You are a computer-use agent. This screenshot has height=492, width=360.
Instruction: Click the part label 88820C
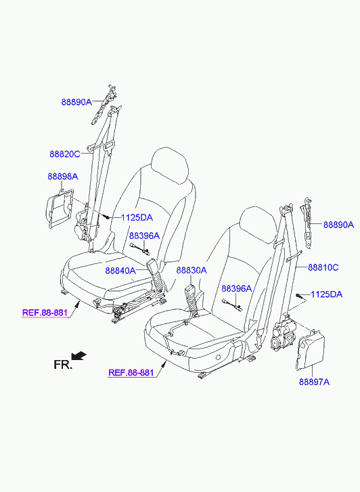65,154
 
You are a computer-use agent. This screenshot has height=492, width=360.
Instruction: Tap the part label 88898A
63,177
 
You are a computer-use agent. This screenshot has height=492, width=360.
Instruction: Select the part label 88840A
120,271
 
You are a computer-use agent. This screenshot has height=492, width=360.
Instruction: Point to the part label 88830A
192,270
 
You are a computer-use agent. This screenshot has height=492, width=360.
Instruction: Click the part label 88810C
323,267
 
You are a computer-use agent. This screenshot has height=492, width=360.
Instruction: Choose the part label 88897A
314,382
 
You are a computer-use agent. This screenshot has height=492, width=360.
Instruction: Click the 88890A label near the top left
76,102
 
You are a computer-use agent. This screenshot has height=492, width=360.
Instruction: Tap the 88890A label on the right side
338,225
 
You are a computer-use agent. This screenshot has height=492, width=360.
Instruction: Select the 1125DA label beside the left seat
137,217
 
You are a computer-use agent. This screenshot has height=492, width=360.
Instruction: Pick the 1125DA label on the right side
326,294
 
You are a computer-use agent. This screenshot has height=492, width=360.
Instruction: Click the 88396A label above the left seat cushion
144,236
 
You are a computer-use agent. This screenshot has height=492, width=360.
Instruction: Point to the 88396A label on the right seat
237,288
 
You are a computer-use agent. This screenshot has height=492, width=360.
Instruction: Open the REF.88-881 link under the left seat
45,313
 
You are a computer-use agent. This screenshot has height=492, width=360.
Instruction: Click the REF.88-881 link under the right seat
131,372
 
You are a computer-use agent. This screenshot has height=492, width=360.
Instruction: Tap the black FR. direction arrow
78,355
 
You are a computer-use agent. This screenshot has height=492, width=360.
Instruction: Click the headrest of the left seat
170,166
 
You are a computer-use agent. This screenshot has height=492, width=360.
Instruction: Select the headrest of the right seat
259,225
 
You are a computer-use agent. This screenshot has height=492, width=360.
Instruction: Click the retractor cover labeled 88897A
310,349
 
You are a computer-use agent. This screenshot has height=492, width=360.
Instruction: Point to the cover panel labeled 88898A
60,208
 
